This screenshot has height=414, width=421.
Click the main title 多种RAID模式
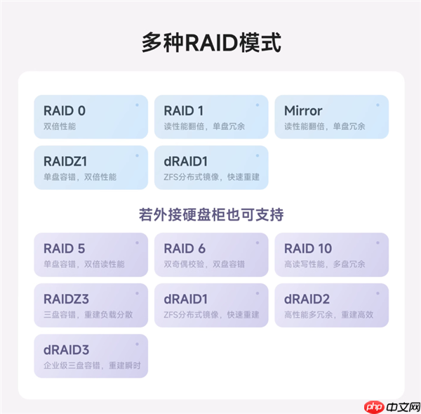pyautogui.click(x=210, y=42)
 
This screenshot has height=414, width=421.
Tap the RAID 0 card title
pyautogui.click(x=65, y=110)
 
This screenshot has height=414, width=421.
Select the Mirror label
pyautogui.click(x=303, y=110)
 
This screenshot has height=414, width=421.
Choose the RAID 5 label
pyautogui.click(x=65, y=248)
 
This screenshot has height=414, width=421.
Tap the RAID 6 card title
pyautogui.click(x=185, y=248)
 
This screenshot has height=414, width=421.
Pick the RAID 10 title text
pyautogui.click(x=308, y=248)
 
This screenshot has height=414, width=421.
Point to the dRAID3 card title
pyautogui.click(x=66, y=349)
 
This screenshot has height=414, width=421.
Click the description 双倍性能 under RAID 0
pyautogui.click(x=59, y=127)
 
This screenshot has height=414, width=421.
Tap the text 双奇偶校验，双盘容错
pyautogui.click(x=204, y=264)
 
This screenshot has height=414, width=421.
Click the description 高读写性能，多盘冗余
pyautogui.click(x=325, y=264)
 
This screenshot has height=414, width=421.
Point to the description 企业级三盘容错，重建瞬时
pyautogui.click(x=92, y=366)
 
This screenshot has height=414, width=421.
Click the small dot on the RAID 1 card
pyautogui.click(x=257, y=105)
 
